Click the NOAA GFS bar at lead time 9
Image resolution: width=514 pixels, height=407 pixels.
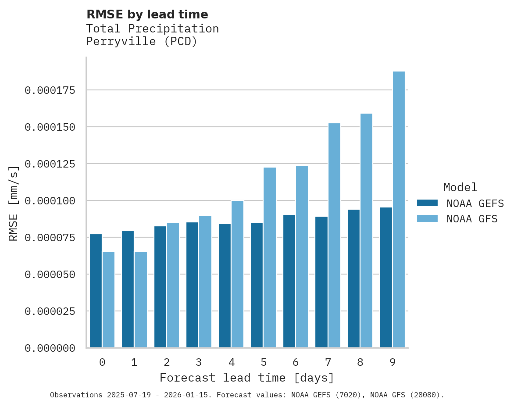(x=399, y=209)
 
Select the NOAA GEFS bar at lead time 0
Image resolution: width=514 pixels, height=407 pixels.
(x=96, y=291)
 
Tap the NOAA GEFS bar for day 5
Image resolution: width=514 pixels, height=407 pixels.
(x=257, y=285)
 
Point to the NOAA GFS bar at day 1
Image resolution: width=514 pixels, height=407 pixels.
(x=141, y=300)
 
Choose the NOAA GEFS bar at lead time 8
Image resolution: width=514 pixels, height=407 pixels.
(x=353, y=278)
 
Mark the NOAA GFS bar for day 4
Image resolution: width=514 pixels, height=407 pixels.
(x=237, y=274)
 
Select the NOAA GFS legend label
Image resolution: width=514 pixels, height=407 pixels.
(x=472, y=218)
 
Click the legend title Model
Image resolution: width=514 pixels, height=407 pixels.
(x=460, y=187)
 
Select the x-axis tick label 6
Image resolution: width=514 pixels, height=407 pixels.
(x=296, y=362)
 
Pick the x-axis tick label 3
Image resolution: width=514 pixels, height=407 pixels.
(x=199, y=362)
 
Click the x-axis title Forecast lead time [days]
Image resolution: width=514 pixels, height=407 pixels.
(x=247, y=378)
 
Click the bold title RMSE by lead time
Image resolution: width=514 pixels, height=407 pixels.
(x=147, y=14)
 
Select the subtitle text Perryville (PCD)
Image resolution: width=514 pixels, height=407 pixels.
(x=142, y=42)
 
